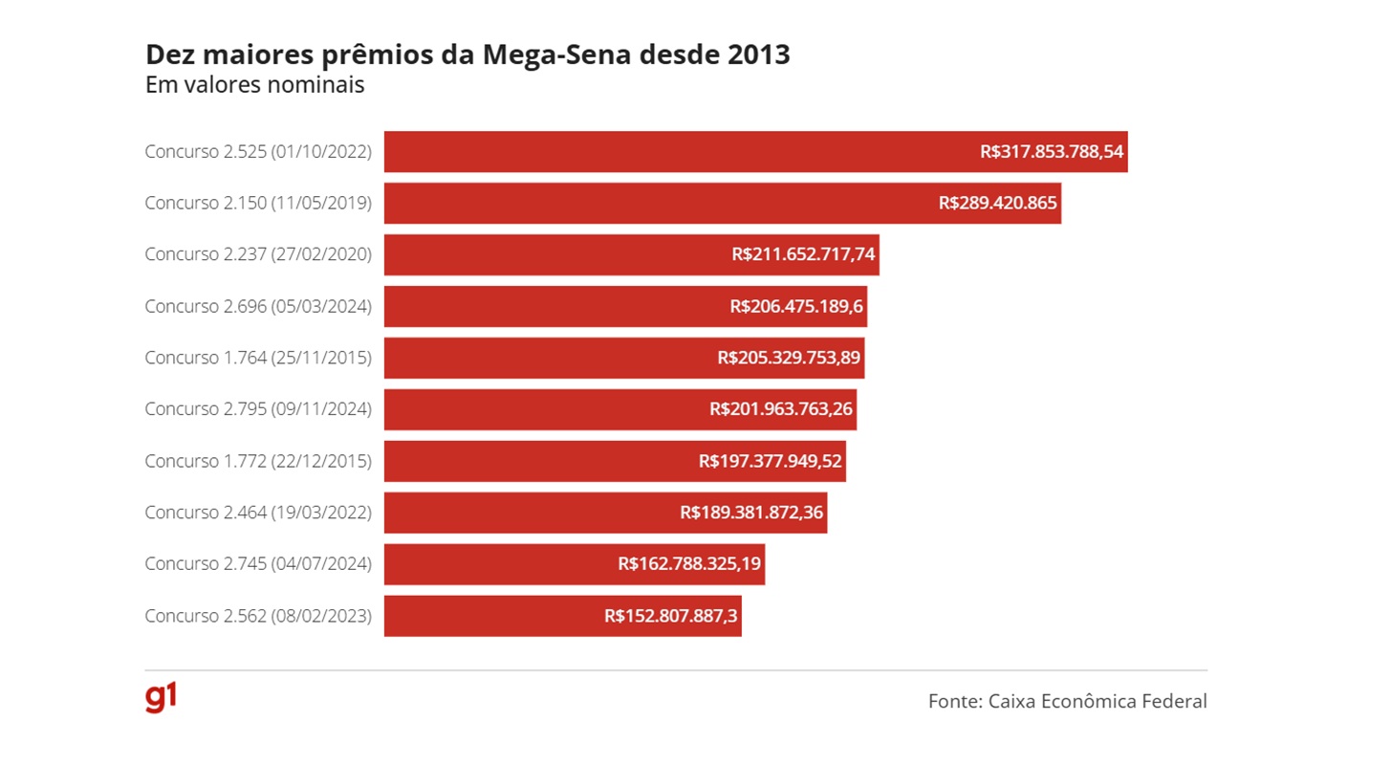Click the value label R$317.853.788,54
(x=1051, y=151)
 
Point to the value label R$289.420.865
(x=997, y=203)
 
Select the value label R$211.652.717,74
(x=803, y=254)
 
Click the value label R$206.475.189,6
(x=797, y=306)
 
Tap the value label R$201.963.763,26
(x=781, y=409)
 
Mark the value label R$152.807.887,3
(x=671, y=616)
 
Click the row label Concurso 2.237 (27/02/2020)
(x=258, y=254)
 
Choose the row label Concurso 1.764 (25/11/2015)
(x=258, y=358)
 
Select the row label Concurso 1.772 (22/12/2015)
(x=258, y=461)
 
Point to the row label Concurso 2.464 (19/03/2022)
(x=258, y=513)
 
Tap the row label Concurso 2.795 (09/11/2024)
(x=258, y=409)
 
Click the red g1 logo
(x=161, y=698)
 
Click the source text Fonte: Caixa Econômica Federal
(x=1067, y=701)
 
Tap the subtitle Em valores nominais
(x=254, y=85)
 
